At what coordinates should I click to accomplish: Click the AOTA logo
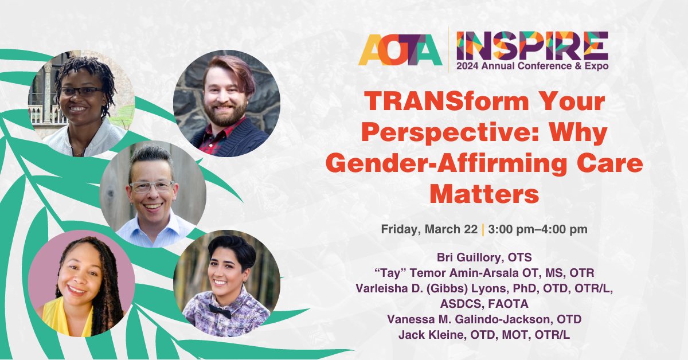click(x=400, y=49)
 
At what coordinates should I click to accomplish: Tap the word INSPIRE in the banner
click(x=532, y=45)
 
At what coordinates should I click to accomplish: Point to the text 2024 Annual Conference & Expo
click(x=532, y=65)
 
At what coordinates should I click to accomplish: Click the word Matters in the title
click(x=484, y=195)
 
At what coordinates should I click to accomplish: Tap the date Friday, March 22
click(x=429, y=229)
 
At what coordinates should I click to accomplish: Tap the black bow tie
click(x=220, y=311)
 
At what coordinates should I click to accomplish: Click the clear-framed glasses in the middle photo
click(x=151, y=186)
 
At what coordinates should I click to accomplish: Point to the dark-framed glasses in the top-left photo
click(x=81, y=91)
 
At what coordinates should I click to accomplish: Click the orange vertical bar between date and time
click(x=483, y=229)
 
